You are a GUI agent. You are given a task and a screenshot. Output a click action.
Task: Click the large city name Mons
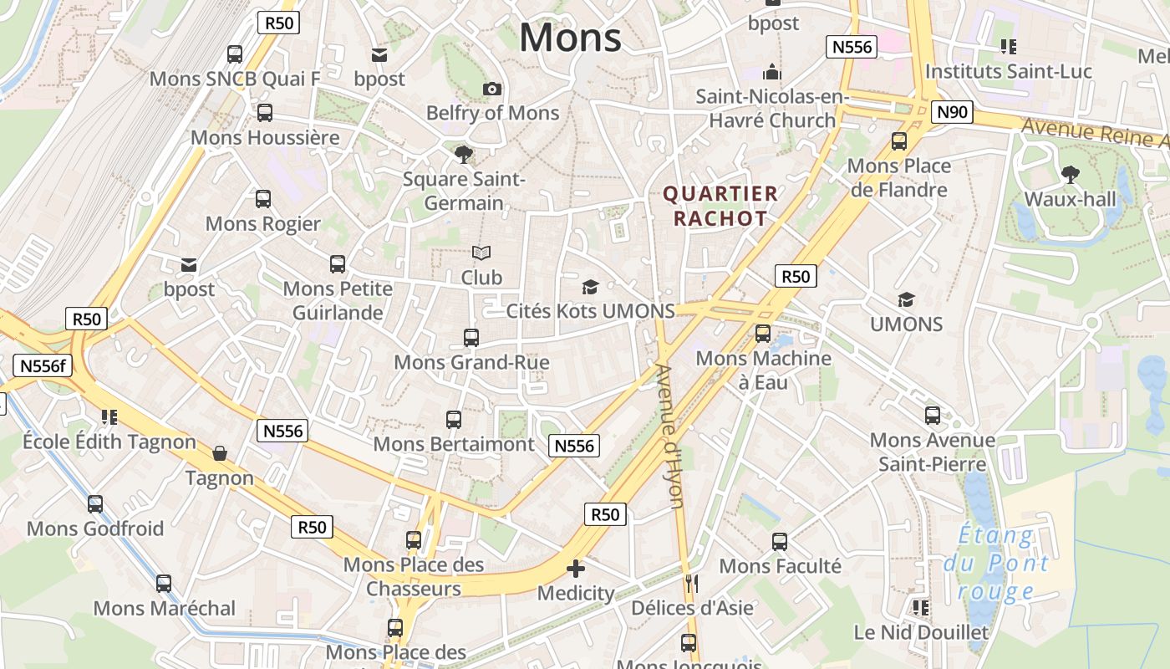tap(571, 38)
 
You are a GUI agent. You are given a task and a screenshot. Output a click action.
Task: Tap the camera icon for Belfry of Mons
tap(492, 89)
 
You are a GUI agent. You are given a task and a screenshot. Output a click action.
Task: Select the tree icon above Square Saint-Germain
tap(463, 154)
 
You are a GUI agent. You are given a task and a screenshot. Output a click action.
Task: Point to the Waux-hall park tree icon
tap(1070, 175)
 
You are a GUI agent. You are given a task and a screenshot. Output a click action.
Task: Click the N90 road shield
tap(953, 112)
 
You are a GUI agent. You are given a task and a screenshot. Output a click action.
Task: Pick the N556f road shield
tap(43, 365)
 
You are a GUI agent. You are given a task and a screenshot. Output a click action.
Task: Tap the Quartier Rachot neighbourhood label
tap(720, 207)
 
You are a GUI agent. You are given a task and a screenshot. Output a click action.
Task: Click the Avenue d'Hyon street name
tap(671, 436)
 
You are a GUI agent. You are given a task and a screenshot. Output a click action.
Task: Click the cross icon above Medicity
tap(576, 569)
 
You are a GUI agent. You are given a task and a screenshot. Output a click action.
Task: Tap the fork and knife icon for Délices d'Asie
tap(691, 583)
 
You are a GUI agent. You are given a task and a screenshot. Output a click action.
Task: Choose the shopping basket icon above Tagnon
tap(219, 453)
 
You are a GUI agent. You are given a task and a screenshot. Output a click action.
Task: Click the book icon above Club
tap(481, 253)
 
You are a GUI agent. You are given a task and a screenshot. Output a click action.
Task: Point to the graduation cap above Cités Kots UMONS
tap(591, 288)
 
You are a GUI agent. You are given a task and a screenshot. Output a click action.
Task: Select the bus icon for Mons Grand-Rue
tap(471, 338)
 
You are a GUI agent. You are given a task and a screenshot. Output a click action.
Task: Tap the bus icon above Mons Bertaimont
tap(453, 419)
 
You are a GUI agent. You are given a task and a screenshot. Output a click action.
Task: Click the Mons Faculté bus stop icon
tap(780, 542)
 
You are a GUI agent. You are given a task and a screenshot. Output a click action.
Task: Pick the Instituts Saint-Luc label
tap(1008, 72)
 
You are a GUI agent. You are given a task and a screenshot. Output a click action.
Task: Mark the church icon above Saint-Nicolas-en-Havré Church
tap(772, 72)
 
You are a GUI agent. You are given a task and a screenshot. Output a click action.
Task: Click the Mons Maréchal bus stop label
tap(165, 608)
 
